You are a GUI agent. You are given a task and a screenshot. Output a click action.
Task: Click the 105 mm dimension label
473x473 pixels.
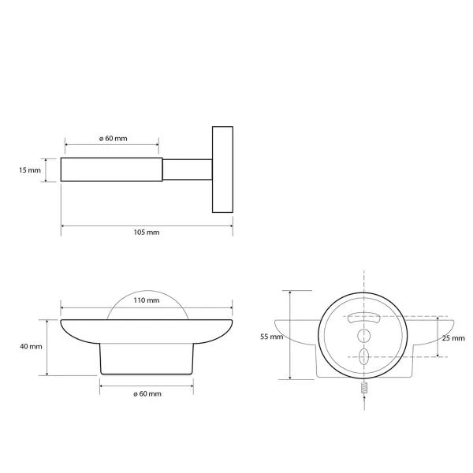coord(147,233)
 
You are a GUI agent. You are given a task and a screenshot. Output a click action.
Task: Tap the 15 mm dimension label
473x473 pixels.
coord(30,170)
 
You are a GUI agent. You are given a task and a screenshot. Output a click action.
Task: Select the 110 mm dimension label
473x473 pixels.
coord(147,300)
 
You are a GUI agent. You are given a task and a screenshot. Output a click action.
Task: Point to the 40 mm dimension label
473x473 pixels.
coord(31,347)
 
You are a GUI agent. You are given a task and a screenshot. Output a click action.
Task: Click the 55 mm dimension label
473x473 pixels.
coord(271,337)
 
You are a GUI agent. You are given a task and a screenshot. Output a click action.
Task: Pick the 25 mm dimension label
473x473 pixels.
coord(453,338)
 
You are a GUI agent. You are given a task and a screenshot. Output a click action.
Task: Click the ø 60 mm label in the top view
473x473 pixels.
coord(113,139)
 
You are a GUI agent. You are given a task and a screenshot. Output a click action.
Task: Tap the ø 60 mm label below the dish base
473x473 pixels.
coord(147,394)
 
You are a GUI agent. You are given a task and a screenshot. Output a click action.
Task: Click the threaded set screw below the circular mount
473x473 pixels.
coord(364,387)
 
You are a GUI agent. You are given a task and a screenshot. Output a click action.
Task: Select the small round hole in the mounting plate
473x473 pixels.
coord(363,336)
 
